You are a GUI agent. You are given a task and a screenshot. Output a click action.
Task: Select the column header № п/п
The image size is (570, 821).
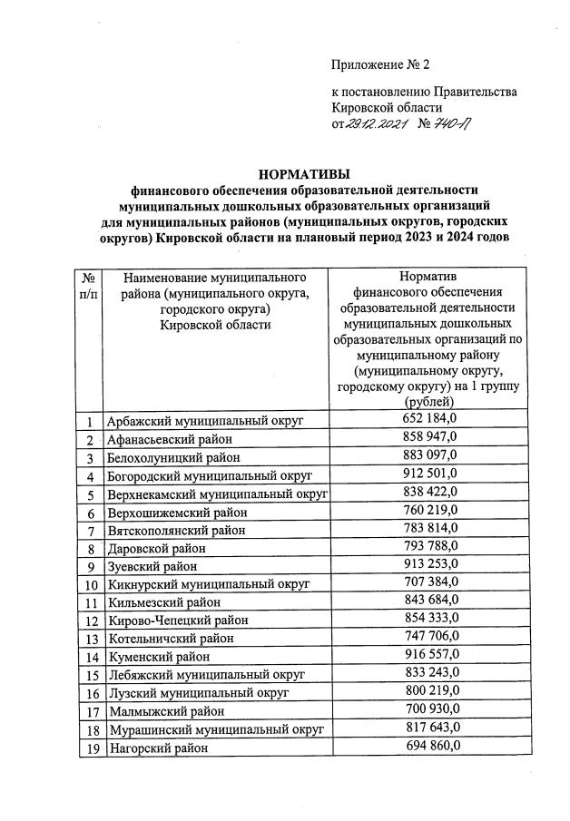89,286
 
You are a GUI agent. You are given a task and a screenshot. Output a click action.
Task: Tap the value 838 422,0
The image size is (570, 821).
430,492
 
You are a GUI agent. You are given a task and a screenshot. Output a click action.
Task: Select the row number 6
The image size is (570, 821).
90,513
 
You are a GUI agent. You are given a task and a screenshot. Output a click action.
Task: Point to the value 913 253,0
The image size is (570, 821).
430,564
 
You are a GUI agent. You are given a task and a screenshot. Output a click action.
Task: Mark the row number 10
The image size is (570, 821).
90,584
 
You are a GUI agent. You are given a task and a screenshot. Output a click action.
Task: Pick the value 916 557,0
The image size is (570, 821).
430,654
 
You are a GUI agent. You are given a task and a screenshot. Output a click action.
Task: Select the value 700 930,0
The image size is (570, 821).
430,709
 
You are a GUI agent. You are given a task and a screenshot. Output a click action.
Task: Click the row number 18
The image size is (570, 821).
90,730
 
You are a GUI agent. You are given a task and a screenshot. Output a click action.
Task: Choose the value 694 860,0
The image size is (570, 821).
430,746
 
